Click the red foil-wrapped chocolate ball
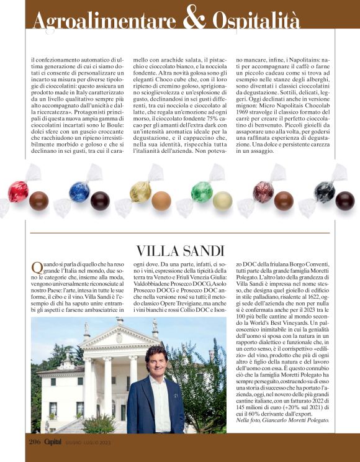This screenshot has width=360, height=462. pos(18,191)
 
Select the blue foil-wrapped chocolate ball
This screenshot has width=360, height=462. pos(79,191)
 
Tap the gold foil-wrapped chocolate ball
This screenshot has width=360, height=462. pos(141,191)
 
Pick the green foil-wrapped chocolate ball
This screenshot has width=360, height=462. pos(202,191)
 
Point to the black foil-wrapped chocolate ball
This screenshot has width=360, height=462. pos(324,191)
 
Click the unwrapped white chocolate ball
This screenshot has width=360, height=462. pos(222,200)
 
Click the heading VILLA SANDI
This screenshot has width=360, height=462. pos(180,250)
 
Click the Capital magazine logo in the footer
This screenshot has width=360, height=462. pos(56,442)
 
